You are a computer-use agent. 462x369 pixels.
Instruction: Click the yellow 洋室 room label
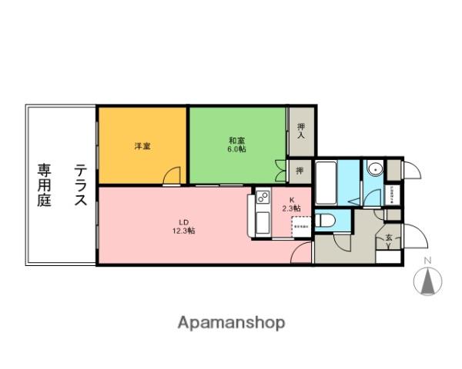(142, 145)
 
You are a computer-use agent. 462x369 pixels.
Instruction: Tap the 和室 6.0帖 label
(236, 144)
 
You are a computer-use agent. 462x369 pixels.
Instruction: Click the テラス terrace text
(80, 185)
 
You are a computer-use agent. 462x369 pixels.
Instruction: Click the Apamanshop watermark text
(232, 323)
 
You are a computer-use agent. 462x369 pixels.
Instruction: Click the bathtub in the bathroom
(326, 183)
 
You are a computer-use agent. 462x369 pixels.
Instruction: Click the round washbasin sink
(375, 170)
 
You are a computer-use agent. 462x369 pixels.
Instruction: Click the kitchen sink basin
(260, 225)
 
